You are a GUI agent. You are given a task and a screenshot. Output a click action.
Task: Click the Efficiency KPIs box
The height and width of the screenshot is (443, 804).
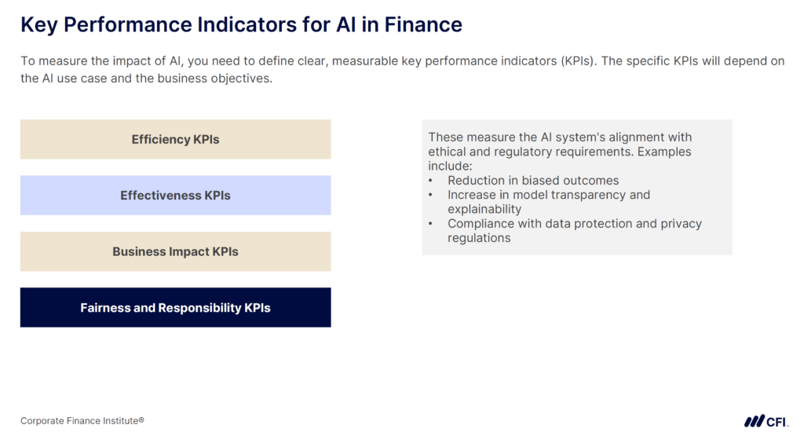(x=175, y=140)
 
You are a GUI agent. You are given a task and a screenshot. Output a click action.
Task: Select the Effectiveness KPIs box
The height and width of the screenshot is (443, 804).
(x=175, y=196)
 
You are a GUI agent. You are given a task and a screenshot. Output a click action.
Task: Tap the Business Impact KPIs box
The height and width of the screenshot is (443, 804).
(x=175, y=252)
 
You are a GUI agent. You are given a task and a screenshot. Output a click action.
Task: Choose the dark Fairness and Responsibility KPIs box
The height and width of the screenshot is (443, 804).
(x=175, y=308)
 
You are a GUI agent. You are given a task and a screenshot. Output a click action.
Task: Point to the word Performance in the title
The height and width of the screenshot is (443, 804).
(x=124, y=25)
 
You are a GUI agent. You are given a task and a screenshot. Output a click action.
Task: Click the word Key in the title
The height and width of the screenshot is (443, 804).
(x=38, y=25)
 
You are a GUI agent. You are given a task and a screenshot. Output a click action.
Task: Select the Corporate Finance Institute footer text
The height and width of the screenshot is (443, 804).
(x=82, y=421)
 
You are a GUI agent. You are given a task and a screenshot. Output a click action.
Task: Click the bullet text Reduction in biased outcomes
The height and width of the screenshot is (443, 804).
(x=533, y=181)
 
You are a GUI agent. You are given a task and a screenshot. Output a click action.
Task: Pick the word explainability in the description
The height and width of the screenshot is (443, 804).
(x=484, y=209)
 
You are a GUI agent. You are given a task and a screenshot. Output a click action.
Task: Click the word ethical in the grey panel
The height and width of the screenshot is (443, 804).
(x=448, y=152)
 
